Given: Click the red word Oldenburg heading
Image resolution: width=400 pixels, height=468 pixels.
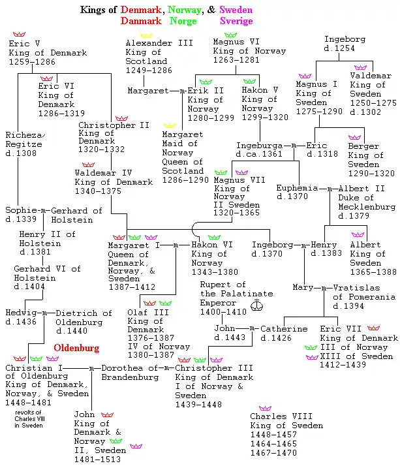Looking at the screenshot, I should pos(76,347).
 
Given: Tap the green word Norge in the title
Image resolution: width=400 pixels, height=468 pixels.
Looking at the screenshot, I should pos(183,20).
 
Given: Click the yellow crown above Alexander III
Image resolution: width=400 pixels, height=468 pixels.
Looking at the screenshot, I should pos(146,35).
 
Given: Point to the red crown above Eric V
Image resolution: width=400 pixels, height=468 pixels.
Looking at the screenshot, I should pos(18,34).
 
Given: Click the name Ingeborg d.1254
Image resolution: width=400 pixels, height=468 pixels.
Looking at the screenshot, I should pos(345,44).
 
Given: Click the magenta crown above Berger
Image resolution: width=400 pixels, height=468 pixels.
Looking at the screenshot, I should pos(354,138).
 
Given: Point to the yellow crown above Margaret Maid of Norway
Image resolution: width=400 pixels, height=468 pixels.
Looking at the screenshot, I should pos(170,124).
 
